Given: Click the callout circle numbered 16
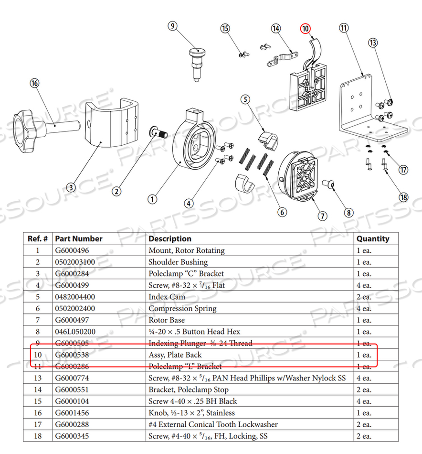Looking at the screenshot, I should [34, 83].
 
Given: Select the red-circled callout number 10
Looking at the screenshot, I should [305, 29].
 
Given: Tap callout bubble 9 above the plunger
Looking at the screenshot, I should [173, 26].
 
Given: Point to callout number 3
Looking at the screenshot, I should [71, 187].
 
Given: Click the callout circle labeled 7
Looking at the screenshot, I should [323, 216].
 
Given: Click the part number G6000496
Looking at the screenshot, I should [72, 250].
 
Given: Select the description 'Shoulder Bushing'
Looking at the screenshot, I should [178, 262].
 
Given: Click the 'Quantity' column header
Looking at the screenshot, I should [372, 238].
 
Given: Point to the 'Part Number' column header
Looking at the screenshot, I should [79, 238].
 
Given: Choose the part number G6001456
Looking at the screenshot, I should [72, 413].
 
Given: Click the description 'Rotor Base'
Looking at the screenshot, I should [167, 320].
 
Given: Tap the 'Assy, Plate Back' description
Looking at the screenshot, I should [175, 355].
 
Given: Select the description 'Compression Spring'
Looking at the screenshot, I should [182, 309].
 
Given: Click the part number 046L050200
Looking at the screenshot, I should [75, 332].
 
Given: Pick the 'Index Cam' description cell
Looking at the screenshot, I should [167, 297].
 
